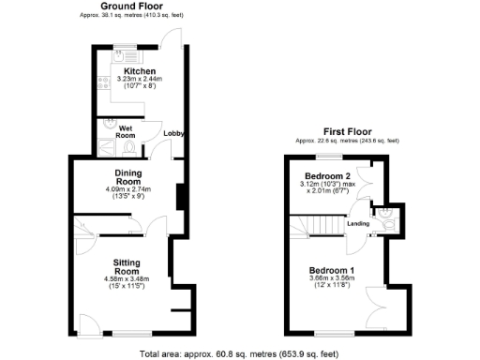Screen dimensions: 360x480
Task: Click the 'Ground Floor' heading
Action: (x=129, y=7)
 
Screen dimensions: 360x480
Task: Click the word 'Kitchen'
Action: (x=139, y=69)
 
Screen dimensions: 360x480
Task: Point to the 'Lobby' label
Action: (x=172, y=134)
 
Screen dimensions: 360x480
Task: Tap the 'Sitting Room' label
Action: (x=127, y=266)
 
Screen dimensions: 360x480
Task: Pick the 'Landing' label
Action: (x=357, y=223)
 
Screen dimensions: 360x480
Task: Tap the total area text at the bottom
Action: (x=239, y=353)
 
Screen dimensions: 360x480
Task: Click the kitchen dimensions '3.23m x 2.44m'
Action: (x=139, y=80)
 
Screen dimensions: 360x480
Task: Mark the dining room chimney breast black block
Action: (x=178, y=198)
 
